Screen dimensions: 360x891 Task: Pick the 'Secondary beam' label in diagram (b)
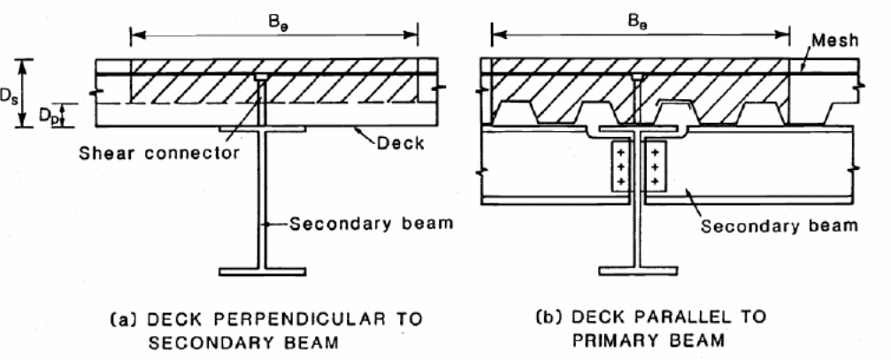pos(780,226)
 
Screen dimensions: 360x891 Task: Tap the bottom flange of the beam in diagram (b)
pos(638,268)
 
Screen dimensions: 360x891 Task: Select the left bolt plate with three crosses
pos(620,165)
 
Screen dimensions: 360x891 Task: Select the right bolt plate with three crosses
pos(657,165)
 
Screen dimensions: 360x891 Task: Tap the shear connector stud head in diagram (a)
pos(262,78)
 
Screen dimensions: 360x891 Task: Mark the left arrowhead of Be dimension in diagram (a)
pos(134,36)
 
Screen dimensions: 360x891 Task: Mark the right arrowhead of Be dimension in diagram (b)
pos(787,36)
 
